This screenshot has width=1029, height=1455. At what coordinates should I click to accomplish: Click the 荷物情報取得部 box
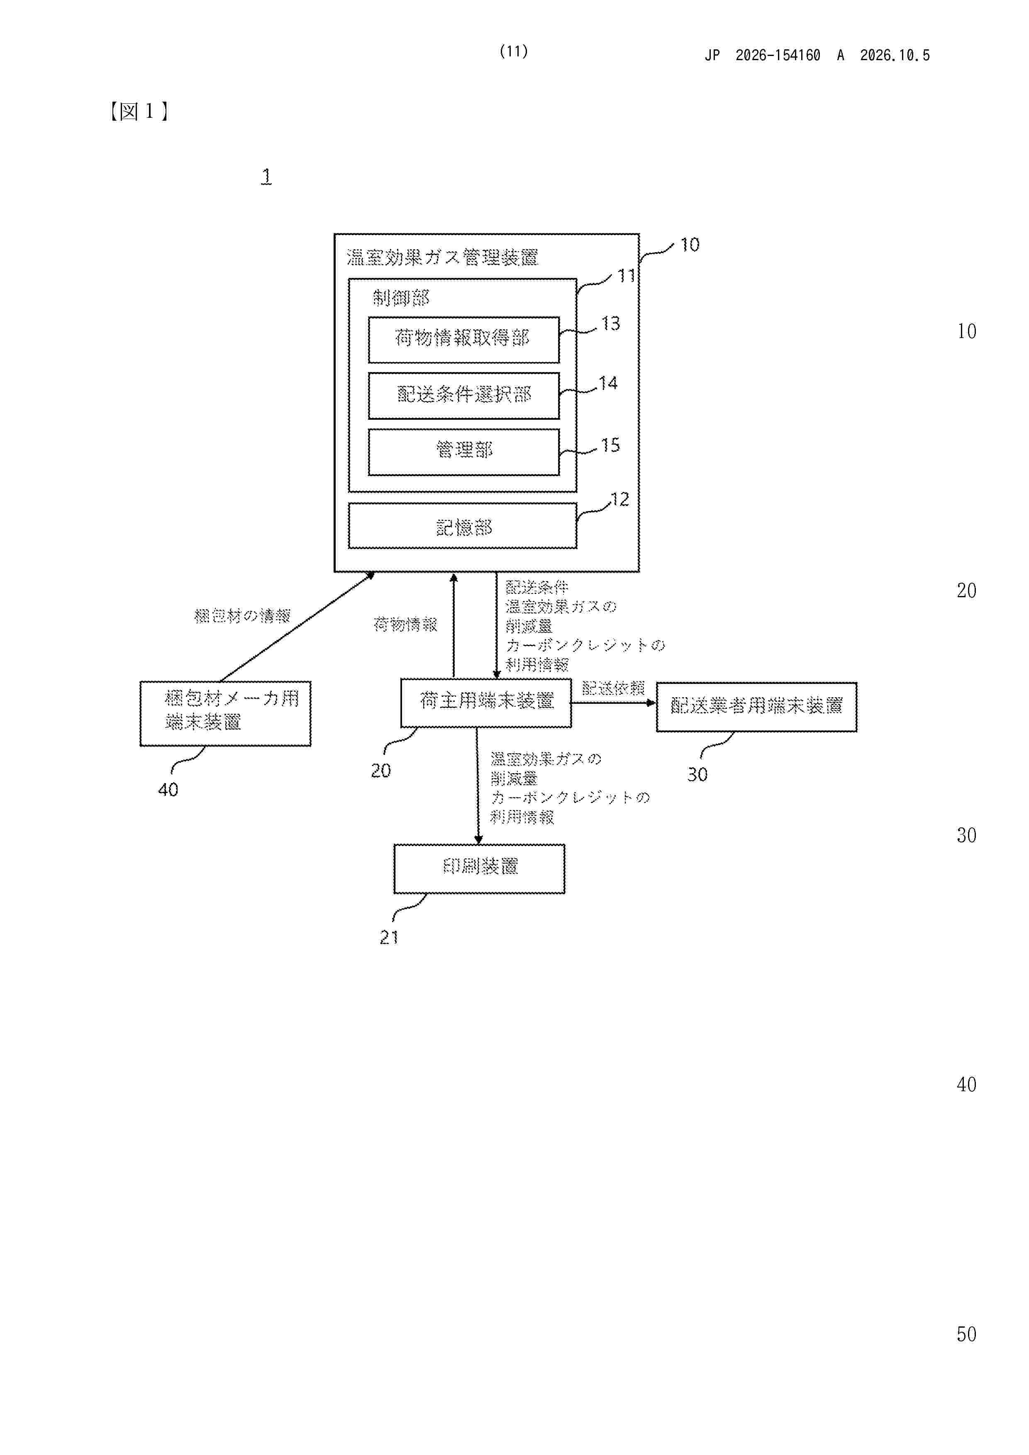pyautogui.click(x=463, y=340)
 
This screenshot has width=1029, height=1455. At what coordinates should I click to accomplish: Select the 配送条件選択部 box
pyautogui.click(x=463, y=395)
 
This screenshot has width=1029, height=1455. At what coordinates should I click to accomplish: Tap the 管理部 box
pyautogui.click(x=463, y=452)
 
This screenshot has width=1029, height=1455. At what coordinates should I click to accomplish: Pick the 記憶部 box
pyautogui.click(x=462, y=526)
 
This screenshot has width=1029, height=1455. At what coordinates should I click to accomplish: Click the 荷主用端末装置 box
pyautogui.click(x=485, y=703)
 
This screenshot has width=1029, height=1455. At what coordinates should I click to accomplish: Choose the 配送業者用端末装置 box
pyautogui.click(x=756, y=707)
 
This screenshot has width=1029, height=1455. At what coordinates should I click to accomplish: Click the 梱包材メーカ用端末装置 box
pyautogui.click(x=225, y=713)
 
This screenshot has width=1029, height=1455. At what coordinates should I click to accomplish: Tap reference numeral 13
pyautogui.click(x=610, y=324)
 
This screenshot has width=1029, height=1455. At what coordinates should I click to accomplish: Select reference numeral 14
pyautogui.click(x=608, y=383)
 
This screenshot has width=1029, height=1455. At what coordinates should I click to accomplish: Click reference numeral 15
pyautogui.click(x=610, y=445)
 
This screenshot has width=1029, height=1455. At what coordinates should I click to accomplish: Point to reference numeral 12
pyautogui.click(x=620, y=499)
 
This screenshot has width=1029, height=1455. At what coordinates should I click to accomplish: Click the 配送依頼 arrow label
pyautogui.click(x=613, y=688)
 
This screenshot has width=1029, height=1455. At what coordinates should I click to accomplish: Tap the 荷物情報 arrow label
pyautogui.click(x=405, y=625)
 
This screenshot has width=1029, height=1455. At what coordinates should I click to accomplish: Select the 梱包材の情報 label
pyautogui.click(x=242, y=616)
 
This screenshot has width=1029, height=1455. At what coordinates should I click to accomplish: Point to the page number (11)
pyautogui.click(x=514, y=51)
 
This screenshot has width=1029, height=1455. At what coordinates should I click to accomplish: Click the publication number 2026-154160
pyautogui.click(x=778, y=56)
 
